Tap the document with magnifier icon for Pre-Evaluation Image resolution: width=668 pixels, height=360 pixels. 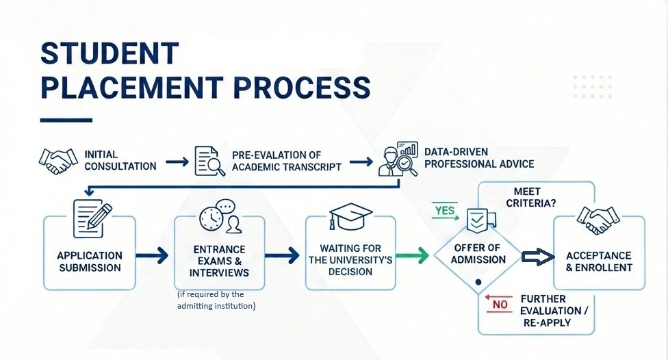(208, 161)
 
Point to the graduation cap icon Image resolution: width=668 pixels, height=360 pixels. (350, 216)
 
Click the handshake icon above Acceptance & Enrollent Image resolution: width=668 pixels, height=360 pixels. (598, 219)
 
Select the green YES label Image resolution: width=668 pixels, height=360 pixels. (445, 210)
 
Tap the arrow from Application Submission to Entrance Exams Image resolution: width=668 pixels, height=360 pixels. (152, 256)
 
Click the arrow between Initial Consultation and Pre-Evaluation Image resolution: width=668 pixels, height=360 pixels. (177, 162)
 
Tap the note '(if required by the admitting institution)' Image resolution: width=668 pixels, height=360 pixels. (216, 300)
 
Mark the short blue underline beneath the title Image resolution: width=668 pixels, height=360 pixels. (65, 120)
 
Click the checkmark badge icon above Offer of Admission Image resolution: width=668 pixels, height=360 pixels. (476, 220)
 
